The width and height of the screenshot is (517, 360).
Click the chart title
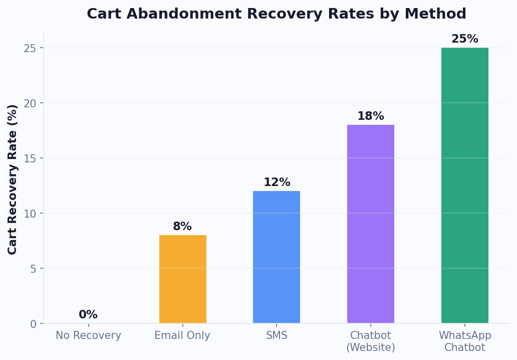pyautogui.click(x=276, y=14)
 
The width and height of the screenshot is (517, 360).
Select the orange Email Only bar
pyautogui.click(x=183, y=279)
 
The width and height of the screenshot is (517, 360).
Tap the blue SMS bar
pyautogui.click(x=277, y=257)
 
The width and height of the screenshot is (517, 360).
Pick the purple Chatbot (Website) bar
pyautogui.click(x=371, y=224)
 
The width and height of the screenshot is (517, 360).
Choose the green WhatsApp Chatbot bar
pyautogui.click(x=465, y=185)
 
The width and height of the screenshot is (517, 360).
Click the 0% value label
pyautogui.click(x=88, y=315)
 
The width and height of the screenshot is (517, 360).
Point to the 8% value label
pyautogui.click(x=182, y=227)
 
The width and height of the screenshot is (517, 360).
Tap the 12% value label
pyautogui.click(x=277, y=183)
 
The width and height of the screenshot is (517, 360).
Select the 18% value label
pyautogui.click(x=371, y=116)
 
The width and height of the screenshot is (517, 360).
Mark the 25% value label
pyautogui.click(x=465, y=39)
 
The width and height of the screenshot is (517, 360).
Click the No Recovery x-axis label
pyautogui.click(x=88, y=336)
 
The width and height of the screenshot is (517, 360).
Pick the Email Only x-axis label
pyautogui.click(x=182, y=336)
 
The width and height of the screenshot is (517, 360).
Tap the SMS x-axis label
pyautogui.click(x=277, y=336)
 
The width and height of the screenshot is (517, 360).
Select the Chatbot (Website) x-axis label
pyautogui.click(x=371, y=341)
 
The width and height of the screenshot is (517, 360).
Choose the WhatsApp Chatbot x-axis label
pyautogui.click(x=465, y=341)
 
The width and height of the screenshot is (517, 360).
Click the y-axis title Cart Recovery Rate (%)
pyautogui.click(x=13, y=179)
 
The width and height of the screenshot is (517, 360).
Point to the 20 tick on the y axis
pyautogui.click(x=30, y=103)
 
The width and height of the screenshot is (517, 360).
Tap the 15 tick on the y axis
pyautogui.click(x=30, y=158)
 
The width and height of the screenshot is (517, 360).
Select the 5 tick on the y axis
pyautogui.click(x=34, y=269)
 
